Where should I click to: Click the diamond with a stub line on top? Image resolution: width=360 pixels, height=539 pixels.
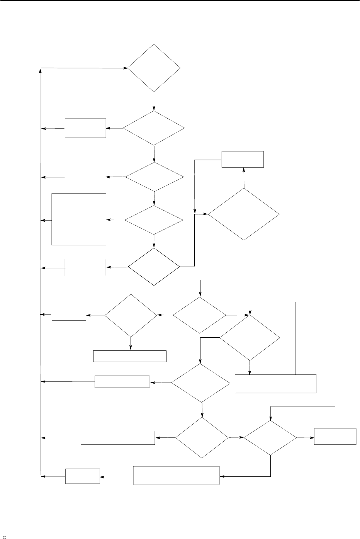point(154,68)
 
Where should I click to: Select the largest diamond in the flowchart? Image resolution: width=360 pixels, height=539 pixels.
point(244,214)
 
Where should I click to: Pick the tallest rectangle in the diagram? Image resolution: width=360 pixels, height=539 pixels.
point(79,219)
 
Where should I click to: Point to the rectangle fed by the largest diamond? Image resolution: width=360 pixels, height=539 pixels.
point(243,159)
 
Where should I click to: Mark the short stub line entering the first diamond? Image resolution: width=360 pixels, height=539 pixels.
point(154,41)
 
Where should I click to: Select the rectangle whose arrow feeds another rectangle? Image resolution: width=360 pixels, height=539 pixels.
point(176,475)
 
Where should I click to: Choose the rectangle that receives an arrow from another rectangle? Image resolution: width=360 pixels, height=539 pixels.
point(83,476)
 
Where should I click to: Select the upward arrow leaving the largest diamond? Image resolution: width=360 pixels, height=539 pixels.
point(244,178)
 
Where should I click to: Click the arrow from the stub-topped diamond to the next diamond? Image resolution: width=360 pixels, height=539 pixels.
point(154,102)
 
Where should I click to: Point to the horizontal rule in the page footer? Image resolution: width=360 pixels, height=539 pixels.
point(180,530)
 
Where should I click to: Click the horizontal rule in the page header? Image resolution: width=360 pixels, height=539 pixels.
point(180,1)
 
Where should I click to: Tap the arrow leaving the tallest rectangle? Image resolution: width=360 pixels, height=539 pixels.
point(46,221)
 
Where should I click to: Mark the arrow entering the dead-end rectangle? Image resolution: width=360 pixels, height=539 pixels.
point(131,344)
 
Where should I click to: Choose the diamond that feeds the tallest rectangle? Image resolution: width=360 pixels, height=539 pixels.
point(154,220)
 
